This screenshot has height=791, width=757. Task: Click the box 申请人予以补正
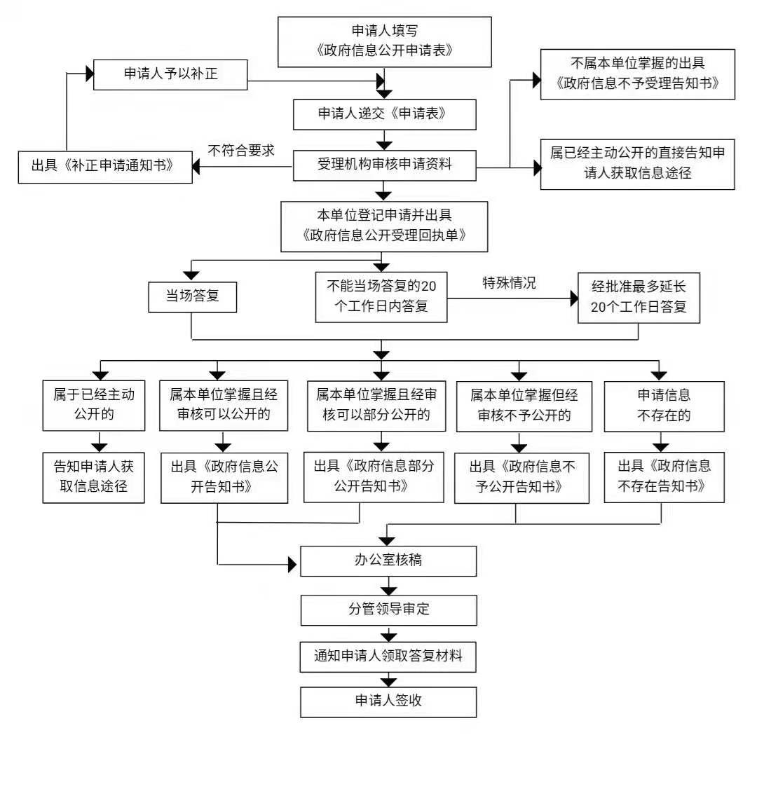(171, 74)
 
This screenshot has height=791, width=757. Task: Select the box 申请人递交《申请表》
(385, 114)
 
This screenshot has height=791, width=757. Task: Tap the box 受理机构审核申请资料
(385, 165)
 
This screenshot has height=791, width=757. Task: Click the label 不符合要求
(240, 150)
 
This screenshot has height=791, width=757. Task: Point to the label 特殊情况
(509, 283)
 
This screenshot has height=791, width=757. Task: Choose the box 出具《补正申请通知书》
(105, 167)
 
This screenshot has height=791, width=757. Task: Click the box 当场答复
(193, 296)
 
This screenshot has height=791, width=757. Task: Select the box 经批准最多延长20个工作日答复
(639, 297)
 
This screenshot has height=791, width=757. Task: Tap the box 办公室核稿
(388, 561)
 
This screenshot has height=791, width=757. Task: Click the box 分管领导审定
(388, 610)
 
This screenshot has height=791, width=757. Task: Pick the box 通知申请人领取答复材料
(388, 657)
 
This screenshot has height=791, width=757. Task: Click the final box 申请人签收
(388, 701)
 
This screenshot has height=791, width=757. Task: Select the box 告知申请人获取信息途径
(94, 477)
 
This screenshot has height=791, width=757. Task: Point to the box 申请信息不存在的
(664, 406)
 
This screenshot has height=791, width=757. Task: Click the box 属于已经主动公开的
(94, 404)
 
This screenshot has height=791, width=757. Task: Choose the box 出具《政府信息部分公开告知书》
(374, 476)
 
